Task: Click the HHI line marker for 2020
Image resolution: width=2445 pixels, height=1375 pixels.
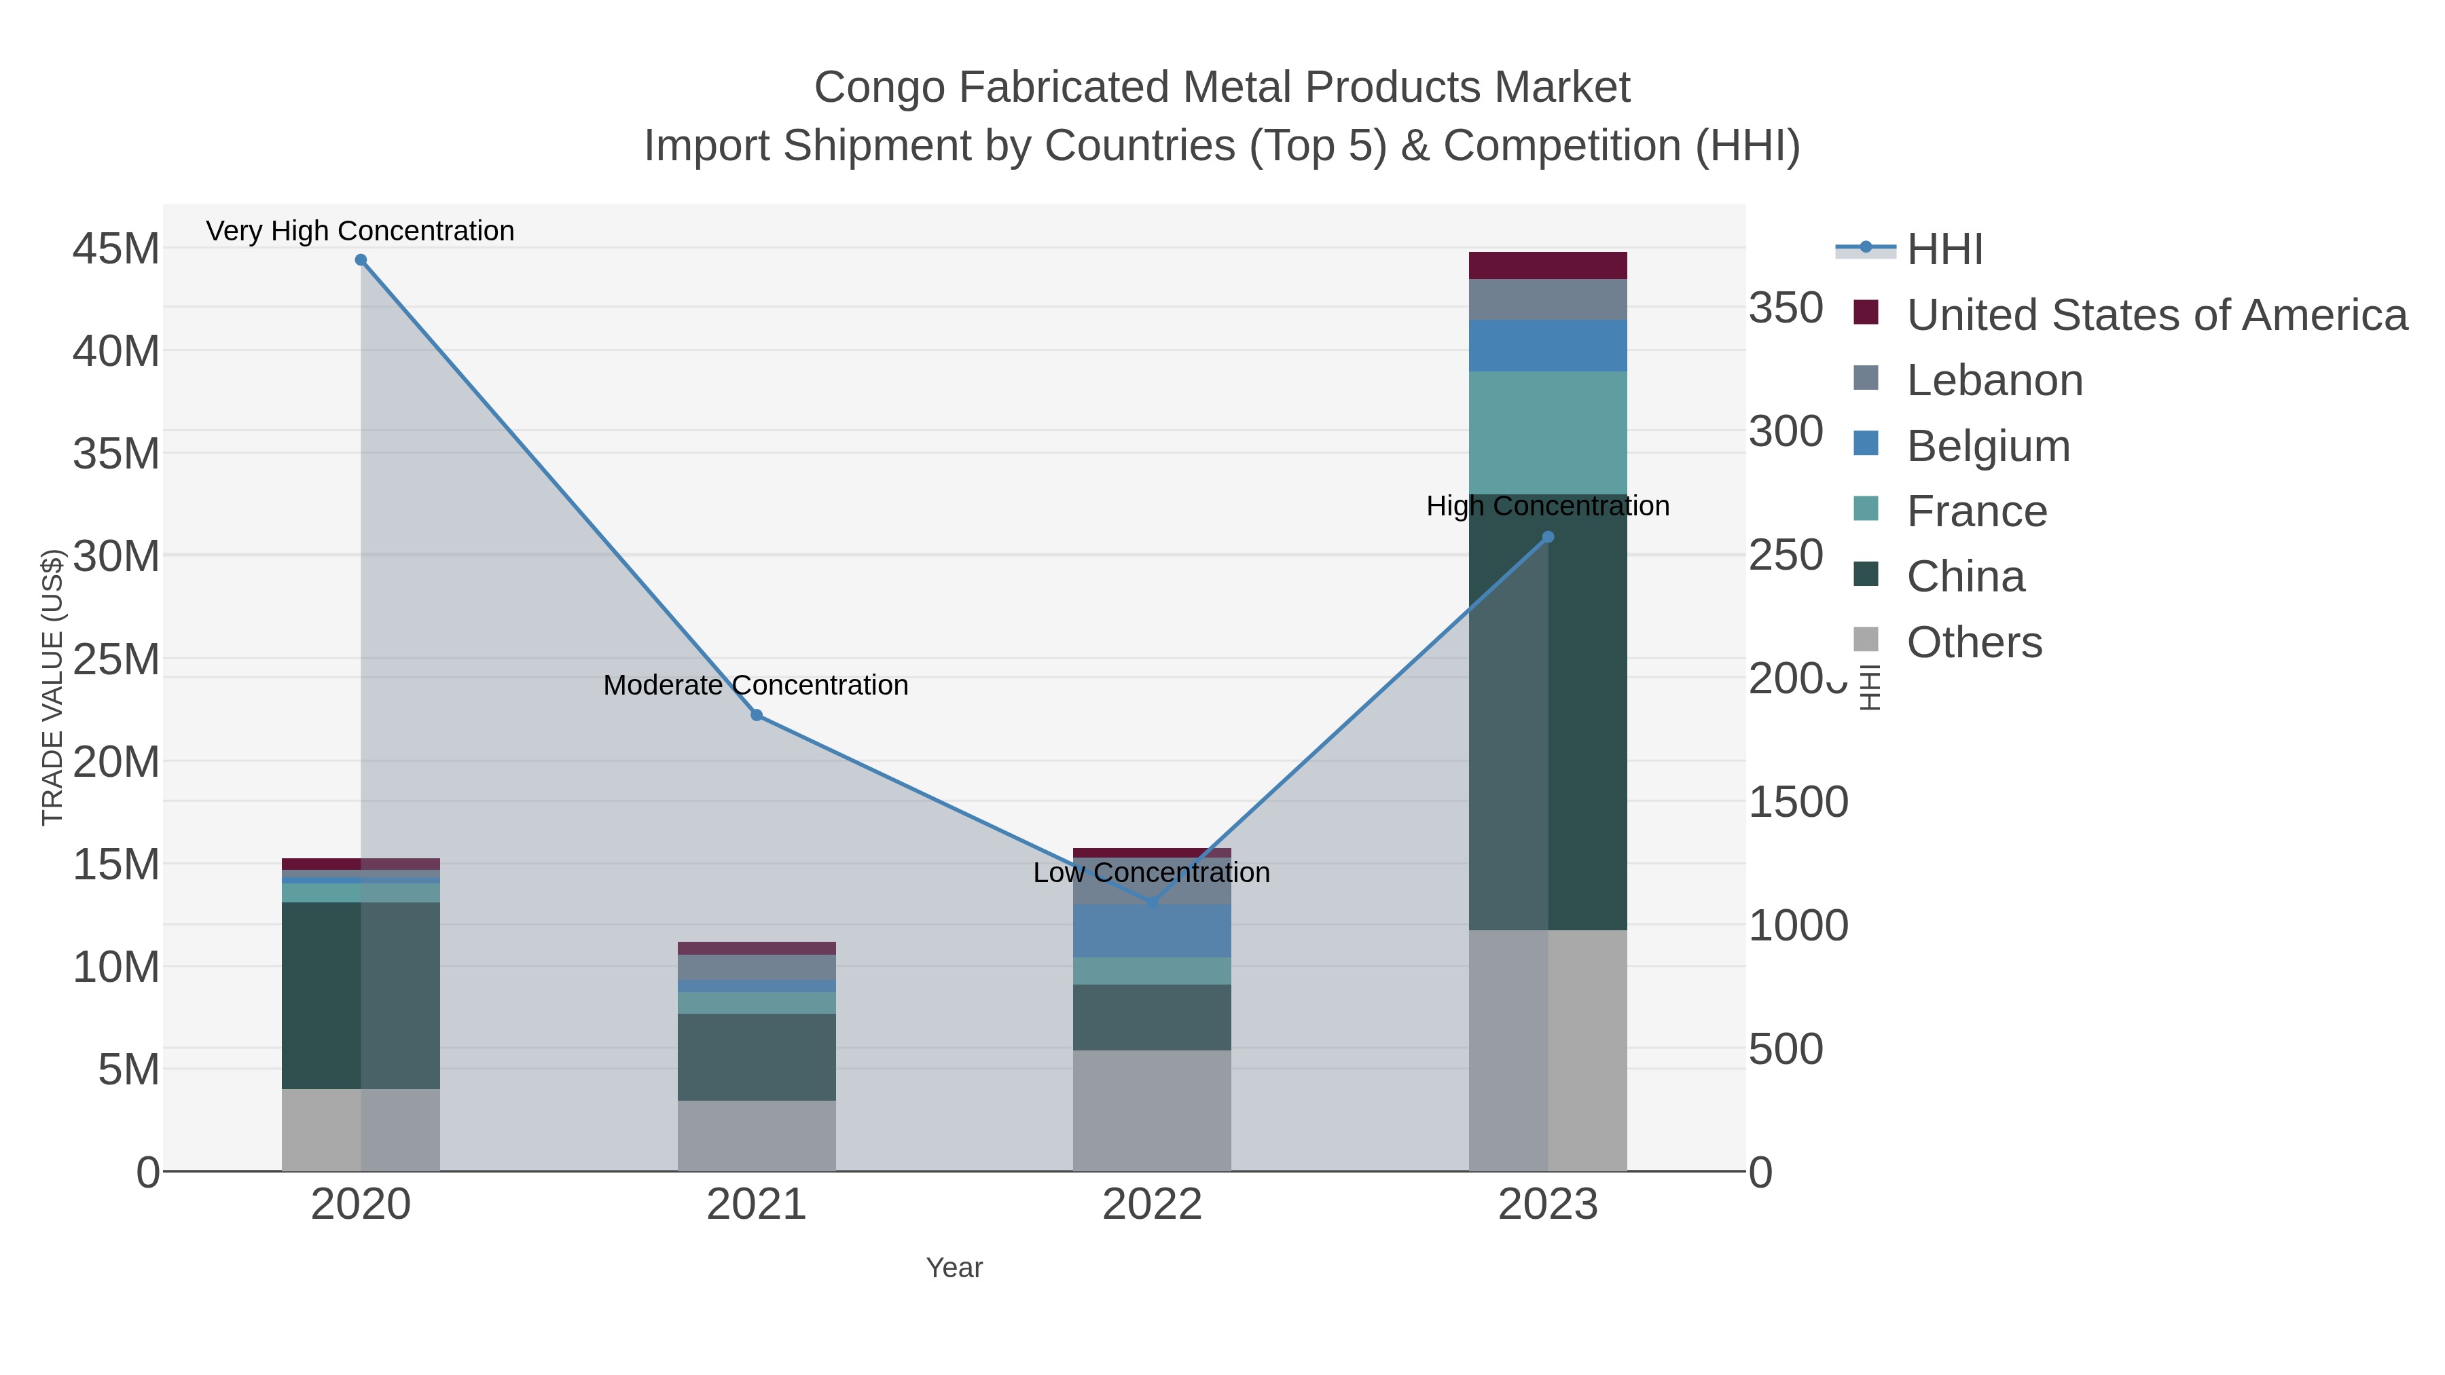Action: tap(361, 260)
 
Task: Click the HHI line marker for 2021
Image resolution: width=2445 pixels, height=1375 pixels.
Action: tap(757, 716)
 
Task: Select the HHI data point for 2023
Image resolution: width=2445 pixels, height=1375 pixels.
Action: tap(1548, 537)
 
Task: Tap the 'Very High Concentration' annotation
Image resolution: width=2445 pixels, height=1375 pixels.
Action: tap(360, 232)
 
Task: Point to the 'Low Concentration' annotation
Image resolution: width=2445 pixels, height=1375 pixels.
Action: tap(1151, 873)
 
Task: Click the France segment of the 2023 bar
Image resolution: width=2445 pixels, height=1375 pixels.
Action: tap(1548, 433)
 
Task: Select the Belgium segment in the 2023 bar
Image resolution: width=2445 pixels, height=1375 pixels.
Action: tap(1548, 346)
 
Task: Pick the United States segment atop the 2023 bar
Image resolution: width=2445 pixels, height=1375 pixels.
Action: tap(1548, 265)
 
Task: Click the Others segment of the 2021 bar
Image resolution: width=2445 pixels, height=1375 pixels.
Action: tap(757, 1136)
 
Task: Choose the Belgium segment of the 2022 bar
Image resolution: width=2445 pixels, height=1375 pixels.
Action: tap(1151, 931)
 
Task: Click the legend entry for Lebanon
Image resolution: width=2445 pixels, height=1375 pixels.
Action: tap(1993, 380)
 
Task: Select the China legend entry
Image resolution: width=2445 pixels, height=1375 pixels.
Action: tap(1965, 577)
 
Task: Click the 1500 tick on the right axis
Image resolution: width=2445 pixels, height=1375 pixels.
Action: tap(1798, 803)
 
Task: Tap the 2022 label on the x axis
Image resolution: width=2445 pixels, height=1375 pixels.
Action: tap(1151, 1205)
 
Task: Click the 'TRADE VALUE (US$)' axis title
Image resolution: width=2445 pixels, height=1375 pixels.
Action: tap(52, 687)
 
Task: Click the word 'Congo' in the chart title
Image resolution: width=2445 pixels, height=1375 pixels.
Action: tap(879, 88)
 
